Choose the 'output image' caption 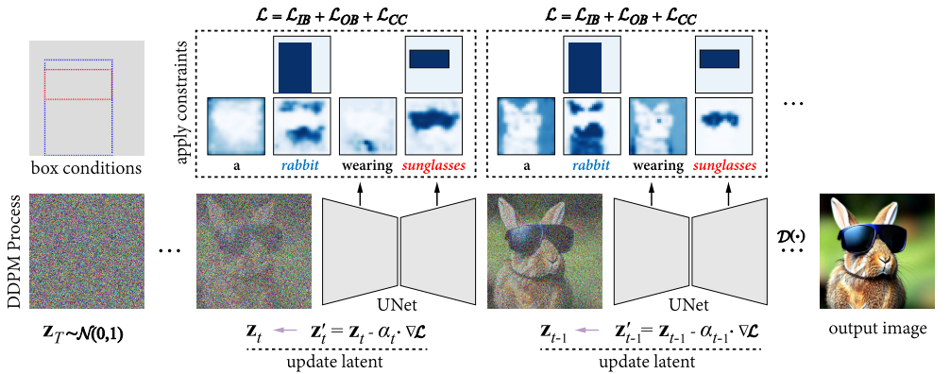877,329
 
